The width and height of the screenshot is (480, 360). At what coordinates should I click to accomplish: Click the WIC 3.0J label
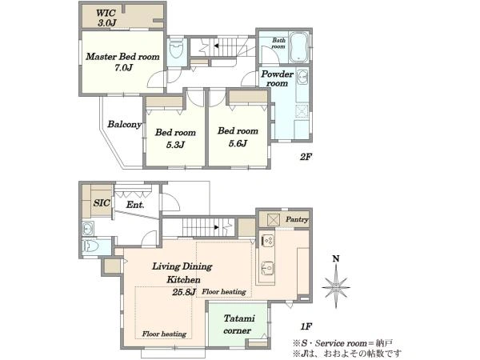pos(106,18)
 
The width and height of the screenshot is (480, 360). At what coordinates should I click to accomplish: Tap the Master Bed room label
pos(122,57)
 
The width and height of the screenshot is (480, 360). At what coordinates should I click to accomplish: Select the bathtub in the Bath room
pos(298,47)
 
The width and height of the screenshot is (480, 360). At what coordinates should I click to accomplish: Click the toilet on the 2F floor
pos(177,48)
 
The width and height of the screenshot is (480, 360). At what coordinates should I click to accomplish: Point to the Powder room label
pos(277,78)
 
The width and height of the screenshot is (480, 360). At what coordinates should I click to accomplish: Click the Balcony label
pos(124,124)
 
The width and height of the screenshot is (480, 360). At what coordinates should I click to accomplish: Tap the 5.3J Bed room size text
pos(175,145)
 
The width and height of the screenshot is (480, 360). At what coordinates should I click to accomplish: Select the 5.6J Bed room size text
pos(238,143)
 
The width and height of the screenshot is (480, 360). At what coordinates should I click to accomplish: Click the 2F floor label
pos(306,157)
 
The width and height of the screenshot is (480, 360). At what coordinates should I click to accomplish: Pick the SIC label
pos(102,202)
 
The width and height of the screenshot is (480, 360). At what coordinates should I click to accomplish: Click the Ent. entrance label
pos(135,205)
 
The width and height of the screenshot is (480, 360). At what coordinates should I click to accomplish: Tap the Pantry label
pos(297,219)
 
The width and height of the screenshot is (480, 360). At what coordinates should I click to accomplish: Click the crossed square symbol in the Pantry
pos(274,220)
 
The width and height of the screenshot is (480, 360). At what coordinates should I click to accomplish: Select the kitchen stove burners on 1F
pos(268,240)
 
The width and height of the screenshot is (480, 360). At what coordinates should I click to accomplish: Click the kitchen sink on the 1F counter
pos(268,269)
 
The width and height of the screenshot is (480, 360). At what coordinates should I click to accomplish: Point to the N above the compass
pos(336,259)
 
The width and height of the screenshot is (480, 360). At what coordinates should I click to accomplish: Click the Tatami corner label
pos(238,325)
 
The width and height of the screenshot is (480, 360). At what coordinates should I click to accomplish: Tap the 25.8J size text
pos(184,292)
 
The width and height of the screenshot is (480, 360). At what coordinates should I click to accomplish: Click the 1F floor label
pos(306,326)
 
